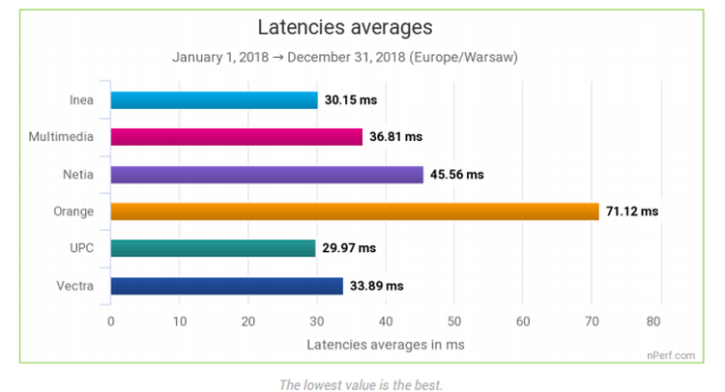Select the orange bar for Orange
354,211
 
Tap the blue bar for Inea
214,100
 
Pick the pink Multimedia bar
236,137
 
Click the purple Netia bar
267,175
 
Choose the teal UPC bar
213,248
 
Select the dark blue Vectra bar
226,286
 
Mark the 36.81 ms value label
397,137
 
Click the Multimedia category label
62,137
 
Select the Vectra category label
74,286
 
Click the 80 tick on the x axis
660,322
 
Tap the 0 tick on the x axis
111,322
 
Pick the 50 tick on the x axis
454,322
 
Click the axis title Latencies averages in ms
385,344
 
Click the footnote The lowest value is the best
362,384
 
